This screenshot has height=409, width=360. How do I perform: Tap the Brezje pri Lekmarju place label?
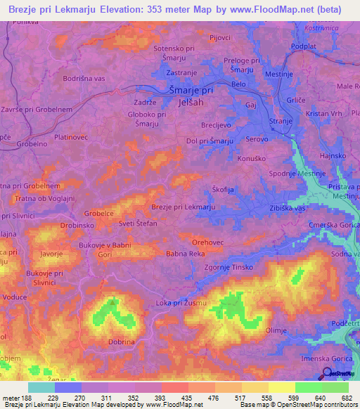(x=184, y=207)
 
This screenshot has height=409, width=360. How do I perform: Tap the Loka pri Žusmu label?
(x=180, y=302)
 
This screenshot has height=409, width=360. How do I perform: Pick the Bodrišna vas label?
(x=84, y=79)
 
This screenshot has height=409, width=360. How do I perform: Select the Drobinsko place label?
(x=77, y=226)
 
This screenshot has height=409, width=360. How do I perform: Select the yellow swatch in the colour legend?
(x=281, y=387)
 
